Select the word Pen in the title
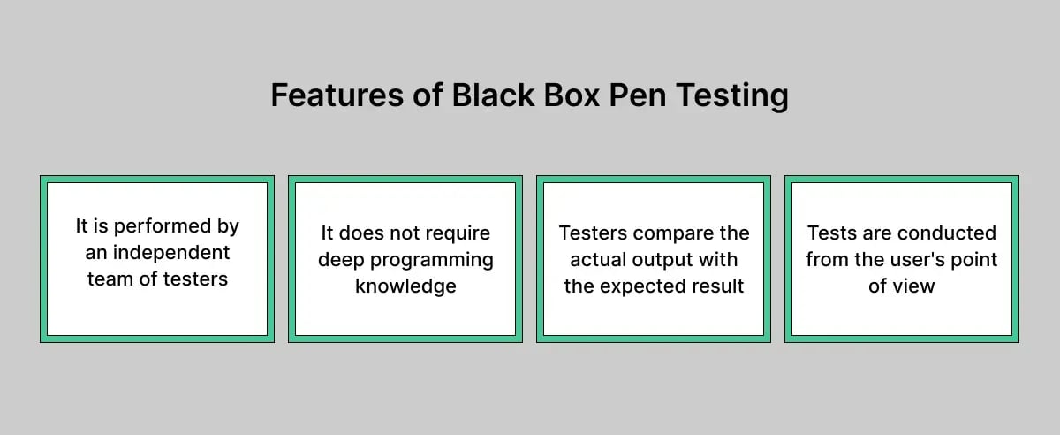[637, 95]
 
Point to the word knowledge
[405, 286]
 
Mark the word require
[456, 233]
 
